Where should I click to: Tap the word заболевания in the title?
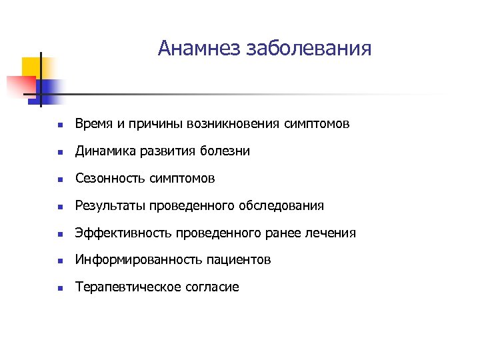[x=309, y=49]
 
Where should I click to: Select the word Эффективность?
[x=124, y=233]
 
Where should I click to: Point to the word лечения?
[x=332, y=233]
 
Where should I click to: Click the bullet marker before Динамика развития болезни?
[x=59, y=153]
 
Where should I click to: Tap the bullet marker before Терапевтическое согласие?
[x=59, y=289]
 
